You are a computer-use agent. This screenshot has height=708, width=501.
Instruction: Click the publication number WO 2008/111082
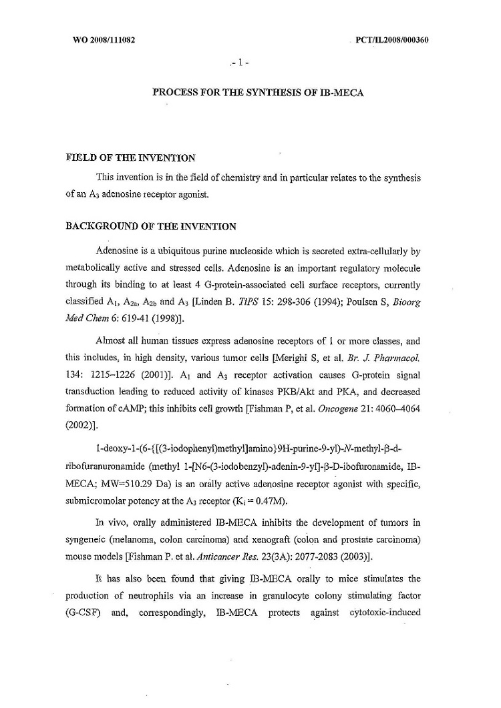(104, 39)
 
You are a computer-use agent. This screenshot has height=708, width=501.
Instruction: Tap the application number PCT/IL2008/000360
(393, 39)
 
